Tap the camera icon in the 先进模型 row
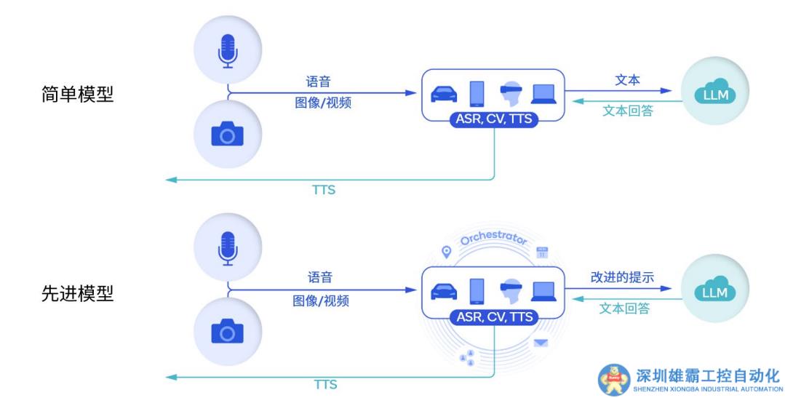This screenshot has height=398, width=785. pos(227,331)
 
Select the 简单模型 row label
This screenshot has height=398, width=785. pos(78,95)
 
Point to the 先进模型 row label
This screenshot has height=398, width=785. pos(78,293)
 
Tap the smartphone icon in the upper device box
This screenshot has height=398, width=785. pos(477,93)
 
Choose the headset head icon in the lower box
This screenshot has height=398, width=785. pos(511,291)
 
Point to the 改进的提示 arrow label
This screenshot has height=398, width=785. pos(622,277)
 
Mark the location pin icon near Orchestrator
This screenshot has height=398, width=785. pos(446,252)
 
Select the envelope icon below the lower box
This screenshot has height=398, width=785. pos(541,343)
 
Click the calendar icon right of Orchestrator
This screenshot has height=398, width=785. pos(541,252)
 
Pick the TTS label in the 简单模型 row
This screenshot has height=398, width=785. pos(324,190)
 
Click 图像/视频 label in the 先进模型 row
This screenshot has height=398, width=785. pos(320,301)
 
